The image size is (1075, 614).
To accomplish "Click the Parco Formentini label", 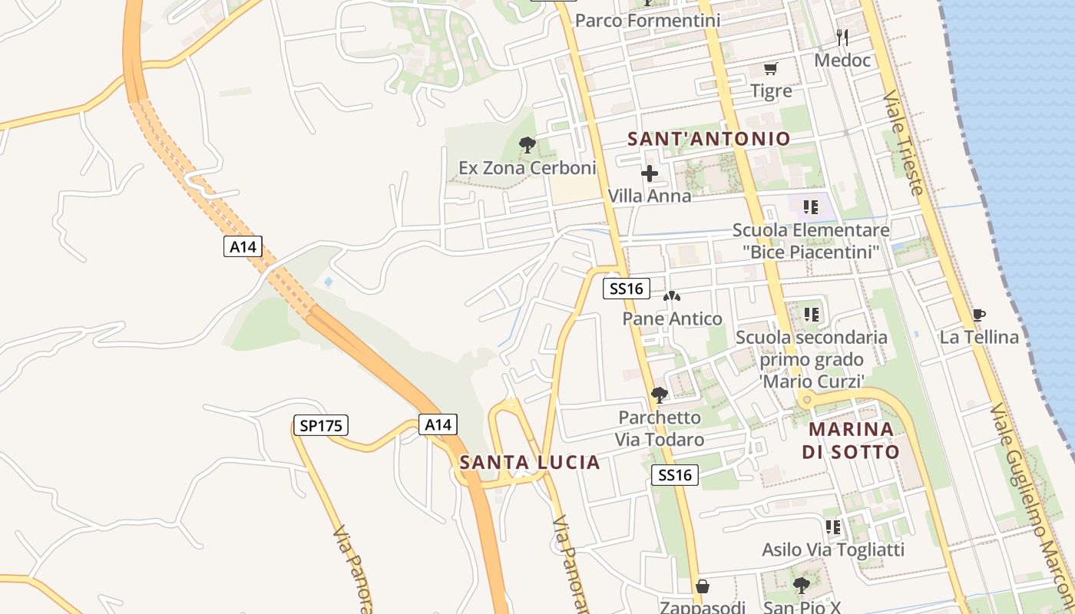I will pyautogui.click(x=647, y=21).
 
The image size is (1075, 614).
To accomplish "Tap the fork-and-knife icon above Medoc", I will pyautogui.click(x=842, y=37).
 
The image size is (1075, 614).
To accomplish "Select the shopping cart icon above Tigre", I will pyautogui.click(x=771, y=69).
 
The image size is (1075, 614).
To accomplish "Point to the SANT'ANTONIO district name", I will pyautogui.click(x=709, y=139).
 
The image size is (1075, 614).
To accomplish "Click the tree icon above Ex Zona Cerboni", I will pyautogui.click(x=527, y=144).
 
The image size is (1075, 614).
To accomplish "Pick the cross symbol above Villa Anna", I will pyautogui.click(x=650, y=173).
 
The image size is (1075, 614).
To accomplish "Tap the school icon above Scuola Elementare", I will pyautogui.click(x=810, y=207).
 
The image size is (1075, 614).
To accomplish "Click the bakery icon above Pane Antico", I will pyautogui.click(x=672, y=296).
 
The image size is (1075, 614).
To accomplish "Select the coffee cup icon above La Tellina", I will pyautogui.click(x=978, y=315).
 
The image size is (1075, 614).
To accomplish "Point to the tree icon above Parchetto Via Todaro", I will pyautogui.click(x=659, y=395).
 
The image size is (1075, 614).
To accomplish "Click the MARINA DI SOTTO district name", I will pyautogui.click(x=851, y=441).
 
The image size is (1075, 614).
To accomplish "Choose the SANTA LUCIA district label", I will pyautogui.click(x=530, y=463).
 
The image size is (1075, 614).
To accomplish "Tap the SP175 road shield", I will pyautogui.click(x=321, y=425).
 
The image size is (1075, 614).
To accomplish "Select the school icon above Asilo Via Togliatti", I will pyautogui.click(x=833, y=527).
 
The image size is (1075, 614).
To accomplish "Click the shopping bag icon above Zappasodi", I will pyautogui.click(x=702, y=587).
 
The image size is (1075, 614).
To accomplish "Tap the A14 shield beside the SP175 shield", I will pyautogui.click(x=438, y=425).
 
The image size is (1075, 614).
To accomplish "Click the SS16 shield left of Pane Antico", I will pyautogui.click(x=627, y=289).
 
